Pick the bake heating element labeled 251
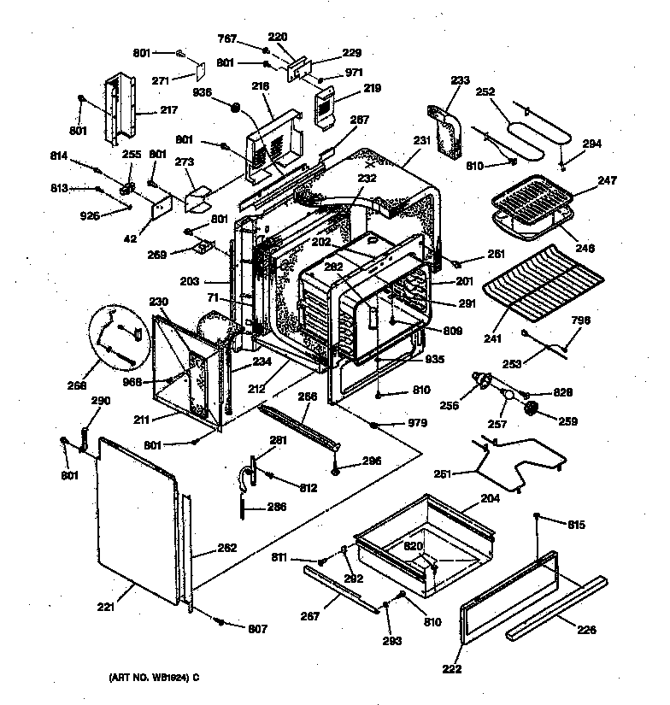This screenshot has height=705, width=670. tap(513, 461)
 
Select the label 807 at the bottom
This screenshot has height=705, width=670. tap(256, 629)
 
